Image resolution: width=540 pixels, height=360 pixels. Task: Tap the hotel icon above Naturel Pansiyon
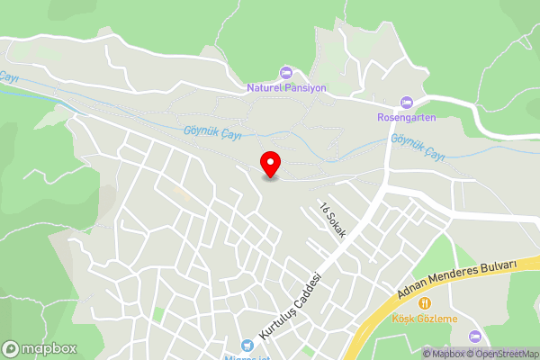(x=286, y=72)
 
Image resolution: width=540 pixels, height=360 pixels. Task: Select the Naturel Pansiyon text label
(x=286, y=88)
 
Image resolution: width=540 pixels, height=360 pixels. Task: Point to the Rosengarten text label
(x=405, y=117)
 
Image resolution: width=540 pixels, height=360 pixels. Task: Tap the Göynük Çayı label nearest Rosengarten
(x=419, y=140)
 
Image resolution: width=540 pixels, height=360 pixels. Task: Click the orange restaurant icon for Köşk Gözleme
(x=424, y=303)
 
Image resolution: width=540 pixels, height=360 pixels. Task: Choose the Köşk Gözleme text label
(x=424, y=319)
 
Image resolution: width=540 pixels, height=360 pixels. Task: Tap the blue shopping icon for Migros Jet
(x=246, y=345)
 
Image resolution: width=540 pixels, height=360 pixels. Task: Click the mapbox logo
(x=39, y=348)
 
